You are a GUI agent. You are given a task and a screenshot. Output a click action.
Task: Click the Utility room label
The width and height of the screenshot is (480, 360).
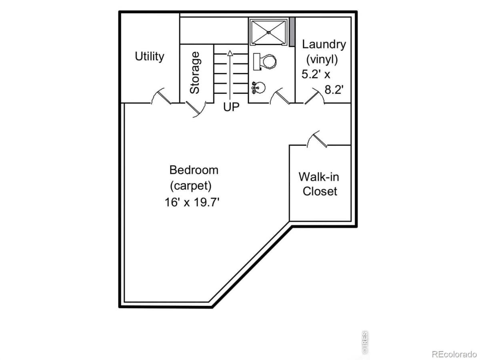pyautogui.click(x=149, y=56)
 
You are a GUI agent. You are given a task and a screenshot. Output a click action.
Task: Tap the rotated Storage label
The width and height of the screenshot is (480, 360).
pyautogui.click(x=195, y=73)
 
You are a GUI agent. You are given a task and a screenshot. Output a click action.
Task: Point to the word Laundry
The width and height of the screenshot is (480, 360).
pyautogui.click(x=324, y=44)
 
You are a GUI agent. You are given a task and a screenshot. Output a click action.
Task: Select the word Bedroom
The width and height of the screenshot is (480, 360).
pyautogui.click(x=194, y=170)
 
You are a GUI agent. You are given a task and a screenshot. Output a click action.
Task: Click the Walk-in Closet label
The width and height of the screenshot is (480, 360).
pyautogui.click(x=320, y=184)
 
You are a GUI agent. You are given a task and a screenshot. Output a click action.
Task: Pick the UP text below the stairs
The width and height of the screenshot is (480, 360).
pyautogui.click(x=231, y=107)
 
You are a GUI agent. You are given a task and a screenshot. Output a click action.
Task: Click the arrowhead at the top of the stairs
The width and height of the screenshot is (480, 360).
pyautogui.click(x=230, y=52)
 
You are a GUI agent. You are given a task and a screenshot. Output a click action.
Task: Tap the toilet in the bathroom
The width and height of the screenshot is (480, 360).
pyautogui.click(x=265, y=61)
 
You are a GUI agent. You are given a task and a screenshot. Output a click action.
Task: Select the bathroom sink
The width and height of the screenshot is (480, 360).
pyautogui.click(x=258, y=86)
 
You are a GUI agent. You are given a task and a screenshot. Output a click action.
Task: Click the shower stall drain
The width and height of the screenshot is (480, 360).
pyautogui.click(x=269, y=32)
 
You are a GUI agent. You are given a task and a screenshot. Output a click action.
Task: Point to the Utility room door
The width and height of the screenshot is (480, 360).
pyautogui.click(x=161, y=96)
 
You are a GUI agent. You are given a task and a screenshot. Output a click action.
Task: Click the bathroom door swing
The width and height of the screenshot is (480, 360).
pyautogui.click(x=280, y=97)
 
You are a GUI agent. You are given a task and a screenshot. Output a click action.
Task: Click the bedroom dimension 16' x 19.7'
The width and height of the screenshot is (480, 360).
pyautogui.click(x=192, y=202)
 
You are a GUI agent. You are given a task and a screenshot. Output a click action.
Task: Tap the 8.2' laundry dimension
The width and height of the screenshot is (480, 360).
pyautogui.click(x=334, y=90)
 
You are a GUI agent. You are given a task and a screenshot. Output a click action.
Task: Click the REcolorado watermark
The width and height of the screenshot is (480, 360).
pyautogui.click(x=454, y=354)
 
